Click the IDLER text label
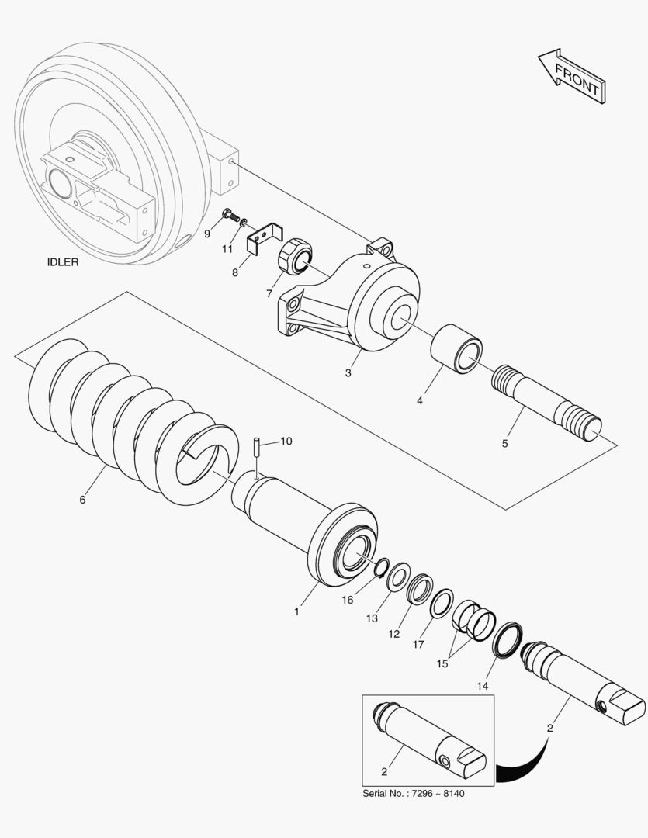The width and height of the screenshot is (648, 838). tap(63, 263)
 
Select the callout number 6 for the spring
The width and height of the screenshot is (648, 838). tap(82, 500)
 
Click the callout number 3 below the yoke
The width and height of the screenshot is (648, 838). tap(348, 373)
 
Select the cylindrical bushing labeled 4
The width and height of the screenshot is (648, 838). tap(457, 349)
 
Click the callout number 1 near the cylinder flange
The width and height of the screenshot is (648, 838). tap(296, 611)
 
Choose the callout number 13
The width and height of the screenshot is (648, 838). tap(373, 618)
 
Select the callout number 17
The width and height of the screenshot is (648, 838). tap(418, 644)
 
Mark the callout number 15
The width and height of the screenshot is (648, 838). tap(442, 665)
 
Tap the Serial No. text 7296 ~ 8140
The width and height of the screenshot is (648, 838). tap(415, 794)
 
